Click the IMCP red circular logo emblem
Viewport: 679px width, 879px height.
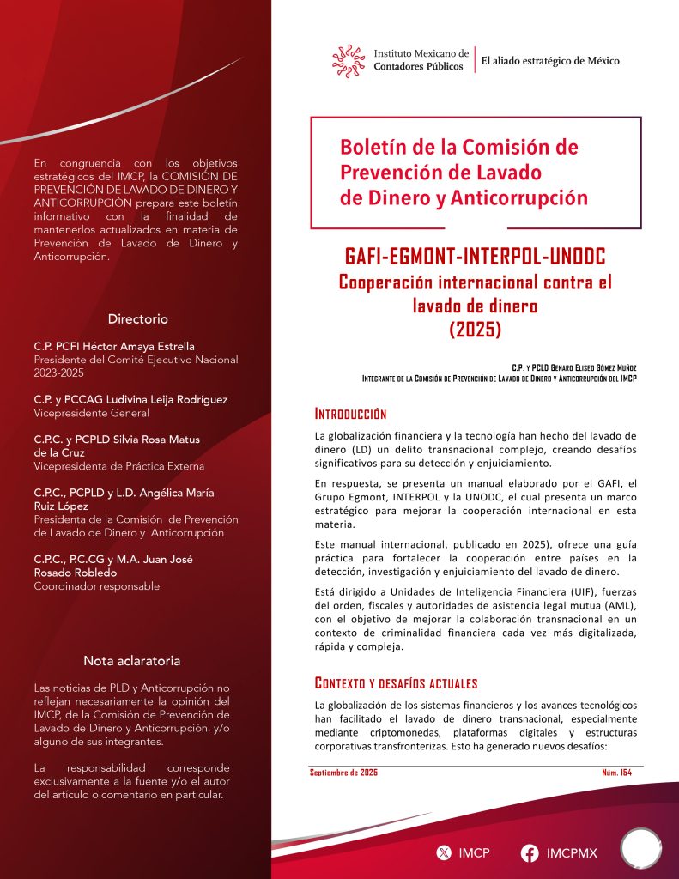tap(349, 60)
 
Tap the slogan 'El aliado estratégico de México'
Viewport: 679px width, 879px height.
tap(549, 61)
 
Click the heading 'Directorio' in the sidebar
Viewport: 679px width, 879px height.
tap(137, 318)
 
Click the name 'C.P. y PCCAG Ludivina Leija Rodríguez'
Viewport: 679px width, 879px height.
tap(130, 399)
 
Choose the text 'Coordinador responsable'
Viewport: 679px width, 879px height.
tap(96, 586)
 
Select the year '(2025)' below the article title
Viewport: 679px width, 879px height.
tap(474, 327)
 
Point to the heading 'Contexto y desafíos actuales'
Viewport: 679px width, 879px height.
tap(396, 683)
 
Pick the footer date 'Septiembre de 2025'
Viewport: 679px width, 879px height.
tap(343, 773)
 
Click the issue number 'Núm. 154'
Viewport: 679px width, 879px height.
tap(617, 773)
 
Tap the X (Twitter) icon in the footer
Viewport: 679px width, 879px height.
tap(444, 853)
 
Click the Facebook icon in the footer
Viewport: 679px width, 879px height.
tap(530, 853)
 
